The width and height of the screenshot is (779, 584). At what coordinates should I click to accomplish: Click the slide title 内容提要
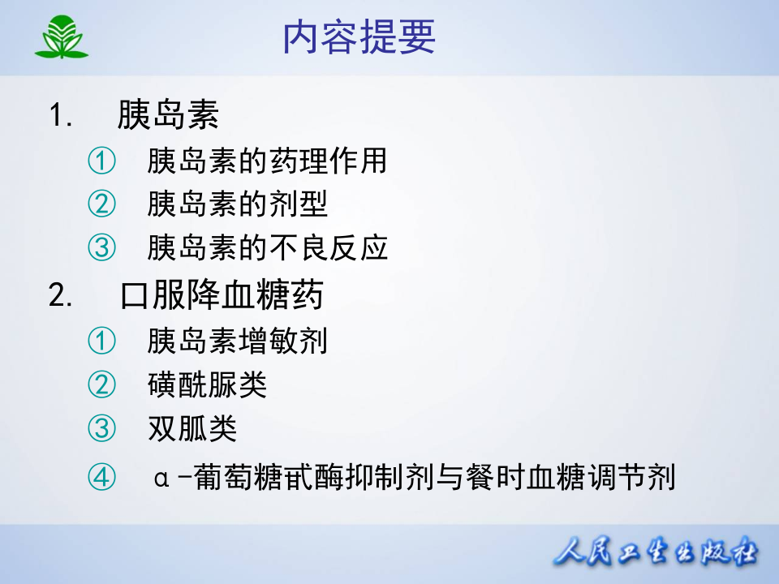pos(359,37)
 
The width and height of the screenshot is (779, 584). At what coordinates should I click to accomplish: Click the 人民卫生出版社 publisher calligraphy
pos(656,554)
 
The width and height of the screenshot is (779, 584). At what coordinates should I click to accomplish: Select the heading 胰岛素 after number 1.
pos(168,115)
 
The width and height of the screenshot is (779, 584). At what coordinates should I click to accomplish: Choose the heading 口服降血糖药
pos(222,296)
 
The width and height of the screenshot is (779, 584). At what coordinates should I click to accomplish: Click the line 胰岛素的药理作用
pos(267,161)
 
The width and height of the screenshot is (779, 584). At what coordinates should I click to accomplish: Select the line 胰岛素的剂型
pos(237,204)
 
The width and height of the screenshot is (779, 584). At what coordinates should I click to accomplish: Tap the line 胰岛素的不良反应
pos(267,247)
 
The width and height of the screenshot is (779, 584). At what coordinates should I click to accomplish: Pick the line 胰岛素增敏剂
pos(237,341)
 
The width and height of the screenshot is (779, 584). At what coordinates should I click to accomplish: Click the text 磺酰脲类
pos(207,384)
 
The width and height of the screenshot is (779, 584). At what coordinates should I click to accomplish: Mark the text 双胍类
pos(192,428)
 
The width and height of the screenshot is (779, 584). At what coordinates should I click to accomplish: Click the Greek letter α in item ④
pos(161,477)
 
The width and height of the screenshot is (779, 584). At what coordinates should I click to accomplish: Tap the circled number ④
pos(101,476)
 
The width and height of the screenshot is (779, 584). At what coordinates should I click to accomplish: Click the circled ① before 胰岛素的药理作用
pos(101,161)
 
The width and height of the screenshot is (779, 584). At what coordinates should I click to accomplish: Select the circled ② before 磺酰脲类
pos(101,384)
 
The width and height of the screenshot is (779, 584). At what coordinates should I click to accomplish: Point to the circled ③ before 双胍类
pos(101,428)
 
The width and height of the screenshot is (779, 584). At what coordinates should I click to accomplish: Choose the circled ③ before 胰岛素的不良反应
pos(101,247)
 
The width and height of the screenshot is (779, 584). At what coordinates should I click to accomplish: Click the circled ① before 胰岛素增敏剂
pos(101,341)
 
